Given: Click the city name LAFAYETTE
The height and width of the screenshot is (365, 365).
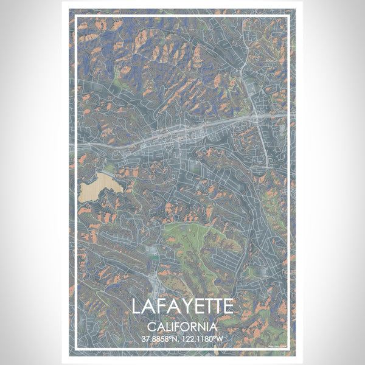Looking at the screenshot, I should tap(182, 305).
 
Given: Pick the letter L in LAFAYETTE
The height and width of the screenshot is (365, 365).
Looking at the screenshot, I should tap(137, 305).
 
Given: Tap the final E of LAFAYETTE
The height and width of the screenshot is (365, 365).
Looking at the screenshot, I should tap(227, 305).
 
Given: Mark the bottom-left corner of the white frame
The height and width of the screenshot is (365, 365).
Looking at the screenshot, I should tap(76, 349).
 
